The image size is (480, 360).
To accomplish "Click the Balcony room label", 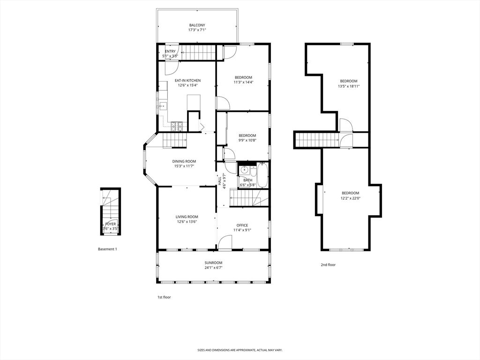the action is (197, 25).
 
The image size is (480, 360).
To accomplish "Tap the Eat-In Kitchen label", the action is (187, 81).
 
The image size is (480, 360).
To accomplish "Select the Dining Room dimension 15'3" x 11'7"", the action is (184, 166).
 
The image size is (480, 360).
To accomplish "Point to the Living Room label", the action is (187, 217).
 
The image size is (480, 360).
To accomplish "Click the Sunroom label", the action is (213, 262).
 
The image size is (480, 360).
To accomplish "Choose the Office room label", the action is (242, 225).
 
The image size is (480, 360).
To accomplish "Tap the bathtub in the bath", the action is (262, 175).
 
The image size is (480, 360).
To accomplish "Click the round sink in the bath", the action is (244, 170).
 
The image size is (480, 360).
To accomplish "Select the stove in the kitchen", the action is (177, 125).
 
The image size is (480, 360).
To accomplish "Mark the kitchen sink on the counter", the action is (163, 106).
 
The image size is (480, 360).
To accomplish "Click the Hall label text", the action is (219, 181).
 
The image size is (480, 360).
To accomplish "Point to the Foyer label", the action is (111, 224).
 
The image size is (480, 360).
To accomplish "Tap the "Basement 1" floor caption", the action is (107, 249).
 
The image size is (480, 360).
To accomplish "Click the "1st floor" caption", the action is (164, 297).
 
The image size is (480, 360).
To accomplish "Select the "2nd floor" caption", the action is (328, 265).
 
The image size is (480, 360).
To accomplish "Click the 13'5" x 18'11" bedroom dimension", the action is (349, 86).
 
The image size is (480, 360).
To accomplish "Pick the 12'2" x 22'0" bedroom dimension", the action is (351, 198).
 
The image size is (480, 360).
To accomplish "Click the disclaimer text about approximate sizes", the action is (240, 350).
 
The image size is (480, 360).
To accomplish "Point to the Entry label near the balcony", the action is (170, 52).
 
